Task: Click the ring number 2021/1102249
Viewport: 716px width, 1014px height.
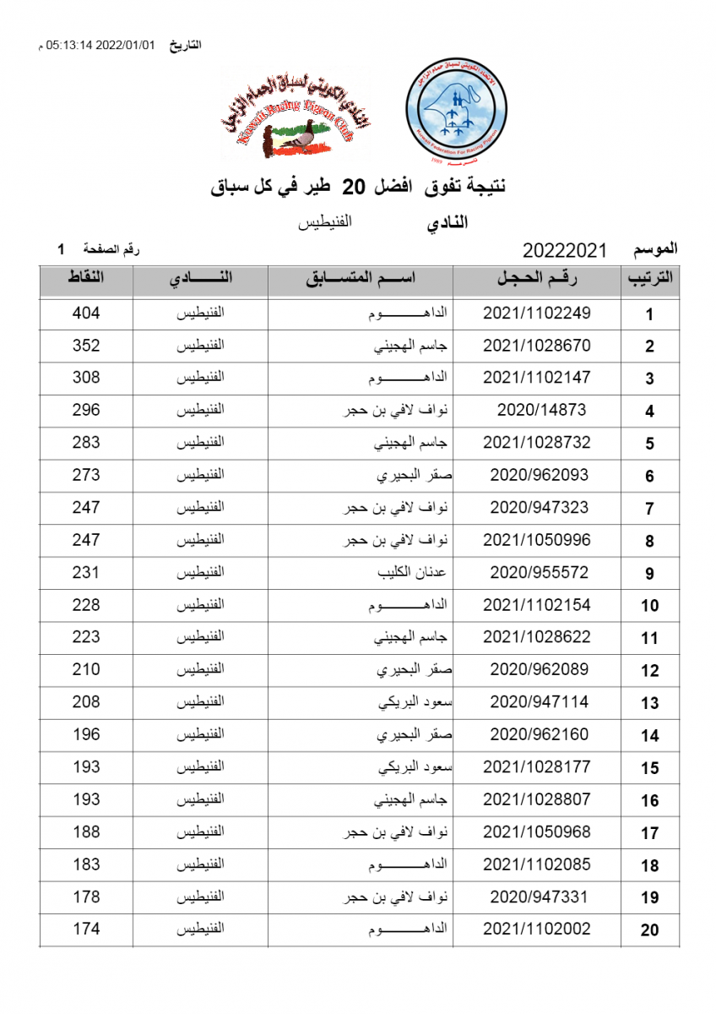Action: pyautogui.click(x=537, y=313)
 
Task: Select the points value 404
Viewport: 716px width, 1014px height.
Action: pyautogui.click(x=86, y=313)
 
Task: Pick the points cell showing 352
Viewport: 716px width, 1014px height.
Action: pyautogui.click(x=86, y=346)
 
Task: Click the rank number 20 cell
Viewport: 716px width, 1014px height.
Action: pyautogui.click(x=649, y=930)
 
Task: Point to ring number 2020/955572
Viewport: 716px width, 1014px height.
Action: pyautogui.click(x=539, y=572)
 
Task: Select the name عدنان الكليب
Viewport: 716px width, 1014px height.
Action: pyautogui.click(x=411, y=572)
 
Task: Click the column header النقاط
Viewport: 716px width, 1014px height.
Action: pyautogui.click(x=86, y=280)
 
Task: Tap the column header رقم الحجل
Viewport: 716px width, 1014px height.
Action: pyautogui.click(x=537, y=280)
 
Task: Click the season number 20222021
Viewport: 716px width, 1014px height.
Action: pyautogui.click(x=565, y=250)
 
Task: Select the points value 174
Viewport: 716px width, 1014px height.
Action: pyautogui.click(x=86, y=929)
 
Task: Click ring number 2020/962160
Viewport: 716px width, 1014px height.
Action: pyautogui.click(x=539, y=734)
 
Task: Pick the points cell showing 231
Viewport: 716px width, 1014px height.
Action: pyautogui.click(x=86, y=572)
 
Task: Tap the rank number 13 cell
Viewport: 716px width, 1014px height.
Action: pyautogui.click(x=649, y=703)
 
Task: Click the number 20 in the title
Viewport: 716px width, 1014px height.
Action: pyautogui.click(x=358, y=188)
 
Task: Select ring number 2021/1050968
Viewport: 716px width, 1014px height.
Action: pyautogui.click(x=537, y=831)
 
